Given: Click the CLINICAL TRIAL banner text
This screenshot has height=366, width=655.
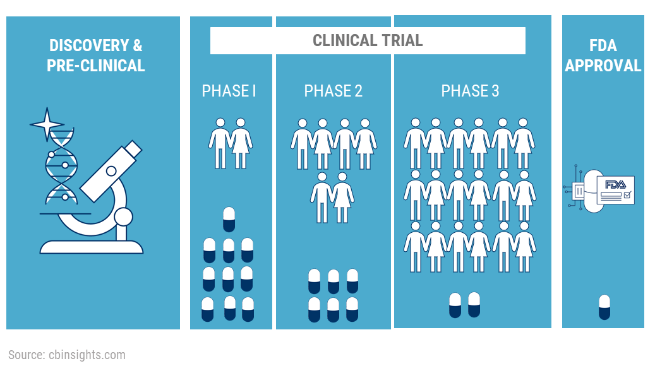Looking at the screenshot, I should (368, 41).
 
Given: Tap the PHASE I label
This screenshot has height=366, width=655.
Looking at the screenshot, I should (229, 91).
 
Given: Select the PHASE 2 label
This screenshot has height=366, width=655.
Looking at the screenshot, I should (333, 91).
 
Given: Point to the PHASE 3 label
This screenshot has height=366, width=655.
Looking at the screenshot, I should (470, 91).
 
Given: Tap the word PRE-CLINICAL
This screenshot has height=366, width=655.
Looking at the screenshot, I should (95, 65).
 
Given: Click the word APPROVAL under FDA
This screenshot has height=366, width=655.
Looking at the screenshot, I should (603, 65).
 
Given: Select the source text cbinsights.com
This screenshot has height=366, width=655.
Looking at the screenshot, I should (87, 355).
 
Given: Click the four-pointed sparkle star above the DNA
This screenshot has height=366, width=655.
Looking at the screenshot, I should (47, 125).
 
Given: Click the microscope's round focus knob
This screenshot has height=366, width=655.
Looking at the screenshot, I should (123, 218).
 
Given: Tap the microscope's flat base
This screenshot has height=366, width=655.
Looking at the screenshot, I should (92, 247).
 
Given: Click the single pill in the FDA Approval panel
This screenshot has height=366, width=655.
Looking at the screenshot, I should (604, 307).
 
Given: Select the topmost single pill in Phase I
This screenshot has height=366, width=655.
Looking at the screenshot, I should (229, 219).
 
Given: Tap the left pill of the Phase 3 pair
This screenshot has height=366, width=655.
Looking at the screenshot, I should (455, 305).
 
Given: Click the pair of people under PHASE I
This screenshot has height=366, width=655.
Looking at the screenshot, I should (231, 143).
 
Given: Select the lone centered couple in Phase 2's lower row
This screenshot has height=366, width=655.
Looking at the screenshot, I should (332, 197).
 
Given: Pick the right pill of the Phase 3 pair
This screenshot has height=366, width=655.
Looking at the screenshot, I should (474, 305).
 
